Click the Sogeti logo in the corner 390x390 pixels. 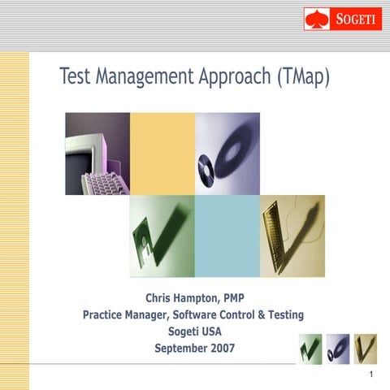tap(343, 18)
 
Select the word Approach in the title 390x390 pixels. tap(235, 77)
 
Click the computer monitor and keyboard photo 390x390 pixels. tap(97, 154)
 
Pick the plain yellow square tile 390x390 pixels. tap(162, 154)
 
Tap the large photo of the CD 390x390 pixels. tap(227, 154)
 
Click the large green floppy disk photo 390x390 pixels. tap(162, 236)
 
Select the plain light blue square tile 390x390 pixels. tap(227, 236)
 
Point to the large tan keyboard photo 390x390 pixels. tap(292, 236)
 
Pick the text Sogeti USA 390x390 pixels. tap(194, 331)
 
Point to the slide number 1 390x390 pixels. tap(370, 375)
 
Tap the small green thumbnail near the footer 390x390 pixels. tap(310, 349)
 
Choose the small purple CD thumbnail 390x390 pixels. tap(338, 349)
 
